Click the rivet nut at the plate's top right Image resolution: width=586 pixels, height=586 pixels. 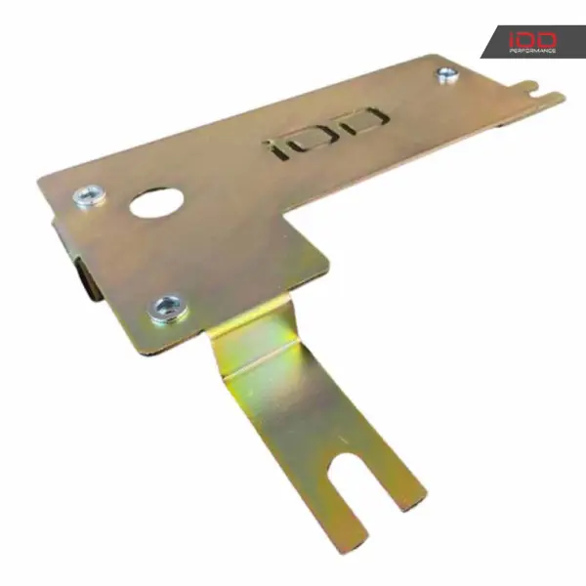click(x=447, y=75)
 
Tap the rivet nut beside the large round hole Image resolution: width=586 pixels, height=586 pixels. click(x=89, y=196)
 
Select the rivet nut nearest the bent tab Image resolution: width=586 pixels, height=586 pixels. click(x=169, y=310)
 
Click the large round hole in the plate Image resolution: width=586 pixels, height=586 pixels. click(x=156, y=203)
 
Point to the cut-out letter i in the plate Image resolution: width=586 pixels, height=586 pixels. click(x=277, y=148)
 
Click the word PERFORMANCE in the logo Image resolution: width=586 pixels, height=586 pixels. click(x=532, y=51)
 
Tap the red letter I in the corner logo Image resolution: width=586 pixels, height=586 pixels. click(x=513, y=40)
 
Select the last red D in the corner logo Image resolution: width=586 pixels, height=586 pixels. click(x=546, y=40)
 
